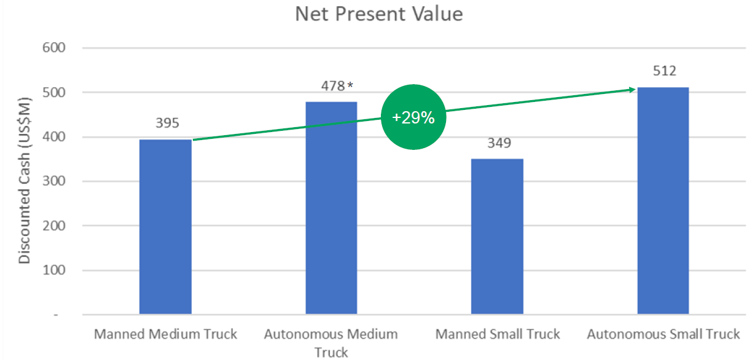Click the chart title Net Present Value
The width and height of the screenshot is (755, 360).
378,14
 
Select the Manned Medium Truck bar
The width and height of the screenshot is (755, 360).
165,227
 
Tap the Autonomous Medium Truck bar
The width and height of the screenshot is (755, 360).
331,209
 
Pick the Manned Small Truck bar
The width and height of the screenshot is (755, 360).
497,237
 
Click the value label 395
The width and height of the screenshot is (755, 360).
167,123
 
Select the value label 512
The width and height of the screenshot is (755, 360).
664,71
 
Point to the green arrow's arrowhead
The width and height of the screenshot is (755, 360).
632,90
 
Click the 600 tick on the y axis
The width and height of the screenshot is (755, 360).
57,48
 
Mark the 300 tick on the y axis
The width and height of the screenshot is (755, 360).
57,181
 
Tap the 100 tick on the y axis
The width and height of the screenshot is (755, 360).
57,270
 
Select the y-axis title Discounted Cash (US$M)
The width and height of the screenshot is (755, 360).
24,182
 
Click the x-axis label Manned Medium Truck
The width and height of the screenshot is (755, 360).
165,334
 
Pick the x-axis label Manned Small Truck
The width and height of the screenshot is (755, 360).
498,334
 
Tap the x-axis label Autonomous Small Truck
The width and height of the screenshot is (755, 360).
663,334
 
